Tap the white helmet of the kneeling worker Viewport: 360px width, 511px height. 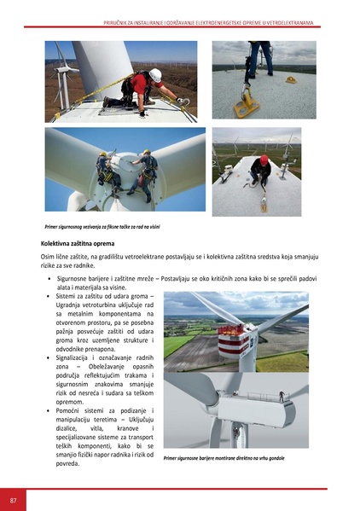click(x=154, y=75)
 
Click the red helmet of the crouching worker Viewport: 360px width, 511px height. click(x=264, y=159)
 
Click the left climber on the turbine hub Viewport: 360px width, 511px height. click(x=105, y=167)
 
